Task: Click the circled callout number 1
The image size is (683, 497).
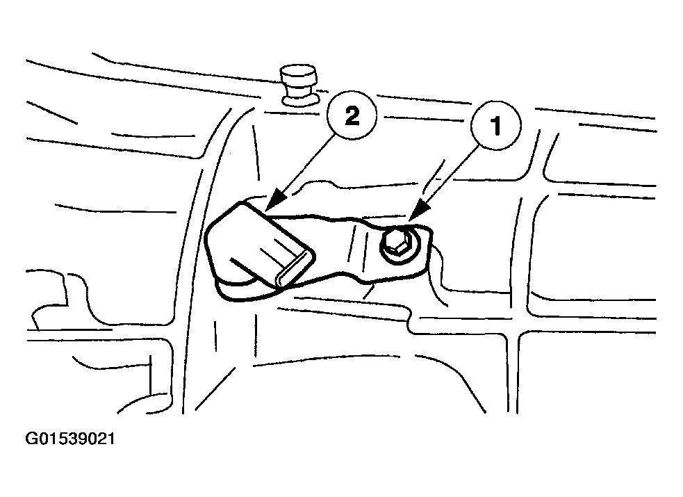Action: [495, 125]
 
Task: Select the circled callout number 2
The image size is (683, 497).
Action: [352, 115]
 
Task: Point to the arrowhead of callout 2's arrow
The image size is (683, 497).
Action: [274, 202]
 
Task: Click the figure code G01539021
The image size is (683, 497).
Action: [71, 439]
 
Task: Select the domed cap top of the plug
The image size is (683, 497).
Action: [299, 74]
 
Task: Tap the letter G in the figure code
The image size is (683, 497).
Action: [32, 439]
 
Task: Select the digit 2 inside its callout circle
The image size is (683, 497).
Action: [352, 115]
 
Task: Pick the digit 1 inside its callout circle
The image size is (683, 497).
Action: [495, 126]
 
